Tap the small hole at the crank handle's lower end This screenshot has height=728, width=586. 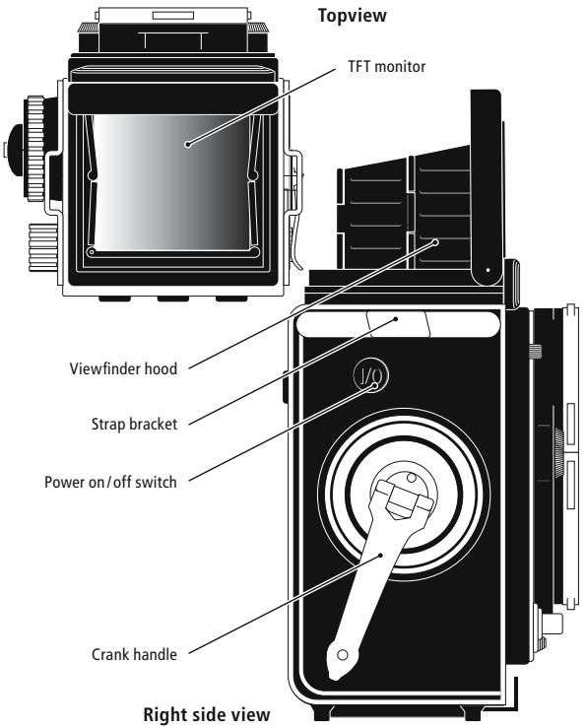tap(342, 655)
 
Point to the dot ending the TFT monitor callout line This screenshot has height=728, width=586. tap(186, 144)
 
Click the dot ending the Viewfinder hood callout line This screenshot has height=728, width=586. tap(438, 238)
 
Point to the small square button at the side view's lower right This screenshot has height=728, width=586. tap(553, 625)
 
